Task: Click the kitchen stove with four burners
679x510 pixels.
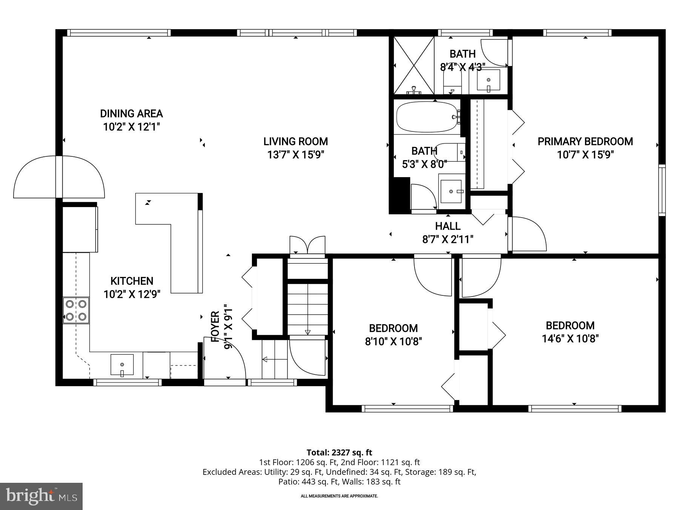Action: pos(76,310)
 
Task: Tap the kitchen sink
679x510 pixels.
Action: pos(122,365)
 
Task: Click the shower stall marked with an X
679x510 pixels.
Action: pos(414,65)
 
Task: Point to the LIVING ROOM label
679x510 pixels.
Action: pos(295,142)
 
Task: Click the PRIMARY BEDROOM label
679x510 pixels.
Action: pos(585,142)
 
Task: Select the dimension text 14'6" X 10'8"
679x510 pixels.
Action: pos(570,338)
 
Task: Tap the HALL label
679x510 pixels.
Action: pos(448,226)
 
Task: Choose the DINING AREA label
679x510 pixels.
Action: pos(131,114)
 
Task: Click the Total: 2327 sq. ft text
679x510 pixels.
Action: pos(339,452)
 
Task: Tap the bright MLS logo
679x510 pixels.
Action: pos(41,496)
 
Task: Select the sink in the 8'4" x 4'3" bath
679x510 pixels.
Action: pos(489,80)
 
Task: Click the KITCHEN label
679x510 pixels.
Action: pos(132,281)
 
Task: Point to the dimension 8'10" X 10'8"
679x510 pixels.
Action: pos(393,342)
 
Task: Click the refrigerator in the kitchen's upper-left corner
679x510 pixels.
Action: pos(80,229)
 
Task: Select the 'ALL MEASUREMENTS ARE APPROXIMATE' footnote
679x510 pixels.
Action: pos(339,496)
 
